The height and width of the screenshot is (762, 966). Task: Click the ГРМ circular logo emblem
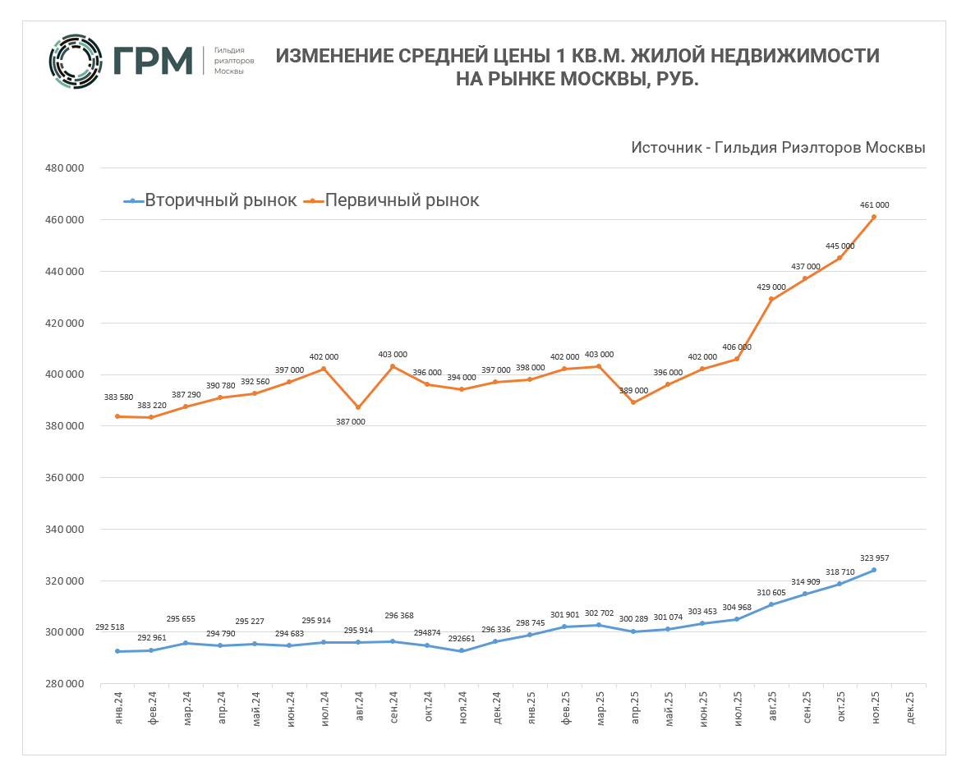coord(76,61)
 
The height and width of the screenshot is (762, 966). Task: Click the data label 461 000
coord(874,205)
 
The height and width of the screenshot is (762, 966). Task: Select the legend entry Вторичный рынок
coord(210,200)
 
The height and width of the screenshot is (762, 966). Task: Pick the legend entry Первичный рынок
coord(392,200)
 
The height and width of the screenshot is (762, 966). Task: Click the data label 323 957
coord(874,558)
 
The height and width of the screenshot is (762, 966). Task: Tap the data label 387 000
coord(357,421)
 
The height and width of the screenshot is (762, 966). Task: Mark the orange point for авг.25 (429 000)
coord(771,300)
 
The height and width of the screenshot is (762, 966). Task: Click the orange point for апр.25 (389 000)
coord(633,402)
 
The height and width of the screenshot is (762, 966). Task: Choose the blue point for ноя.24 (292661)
coord(461,651)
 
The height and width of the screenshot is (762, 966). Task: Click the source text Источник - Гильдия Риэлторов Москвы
coord(778,148)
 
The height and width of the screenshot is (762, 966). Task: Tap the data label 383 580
coord(119,397)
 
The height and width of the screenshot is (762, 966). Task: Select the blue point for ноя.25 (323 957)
coord(874,570)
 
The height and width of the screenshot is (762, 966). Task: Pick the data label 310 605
coord(771,593)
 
